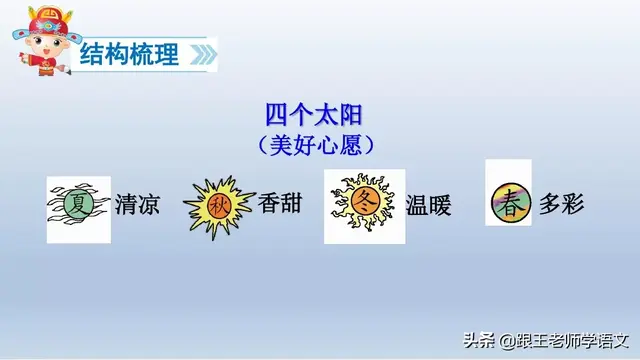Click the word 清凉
coord(137,206)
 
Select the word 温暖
coord(429,206)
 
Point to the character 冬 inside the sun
coord(364,203)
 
